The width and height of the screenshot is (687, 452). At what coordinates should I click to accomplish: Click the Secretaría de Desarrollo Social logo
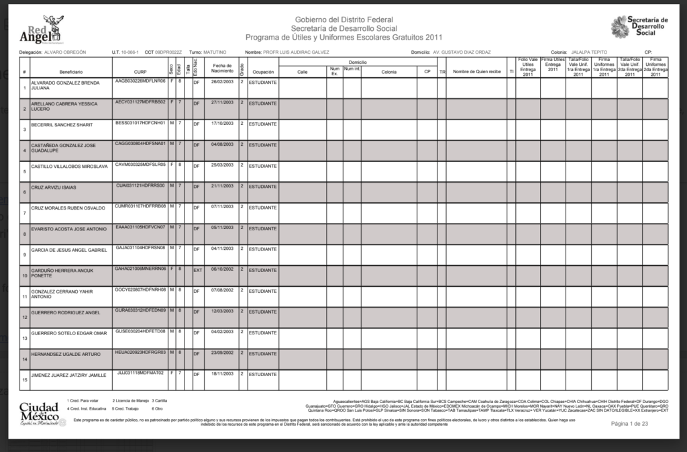point(639,27)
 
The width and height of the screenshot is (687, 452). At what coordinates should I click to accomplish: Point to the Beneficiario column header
point(70,71)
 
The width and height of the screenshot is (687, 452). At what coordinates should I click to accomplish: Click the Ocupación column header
point(262,71)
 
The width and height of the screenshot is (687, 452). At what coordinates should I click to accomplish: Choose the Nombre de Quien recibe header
point(476,71)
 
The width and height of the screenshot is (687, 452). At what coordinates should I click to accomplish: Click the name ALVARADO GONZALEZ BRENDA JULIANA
point(64,85)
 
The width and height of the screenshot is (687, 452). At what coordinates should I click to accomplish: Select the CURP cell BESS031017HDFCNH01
point(140,123)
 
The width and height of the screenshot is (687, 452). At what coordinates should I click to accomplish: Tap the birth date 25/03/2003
point(221,165)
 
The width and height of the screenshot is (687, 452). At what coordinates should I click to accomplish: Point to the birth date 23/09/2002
point(221,353)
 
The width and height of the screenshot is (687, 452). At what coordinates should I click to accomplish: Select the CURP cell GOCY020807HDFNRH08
point(140,289)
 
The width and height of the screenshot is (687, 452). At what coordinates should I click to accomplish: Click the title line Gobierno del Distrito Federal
point(343,20)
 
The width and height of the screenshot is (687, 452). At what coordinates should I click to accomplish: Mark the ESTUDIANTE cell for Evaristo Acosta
point(262,228)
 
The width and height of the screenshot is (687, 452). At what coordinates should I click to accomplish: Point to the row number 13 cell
point(24,338)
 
